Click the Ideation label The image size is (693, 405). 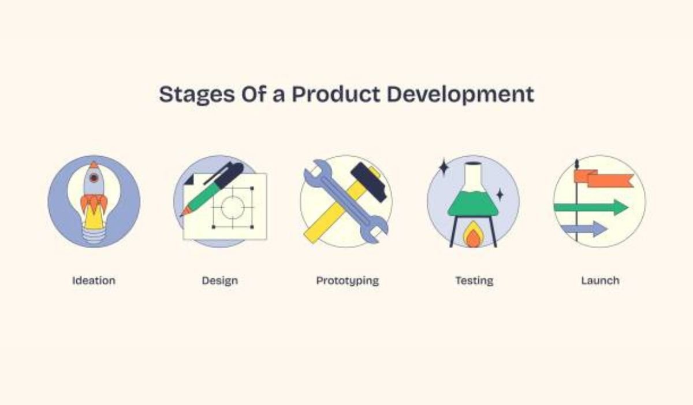[x=94, y=281]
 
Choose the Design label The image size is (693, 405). [x=219, y=281]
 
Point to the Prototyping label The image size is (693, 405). [x=347, y=281]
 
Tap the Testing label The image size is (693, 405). [x=474, y=281]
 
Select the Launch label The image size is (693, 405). [x=600, y=281]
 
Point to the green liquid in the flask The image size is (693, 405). [x=473, y=204]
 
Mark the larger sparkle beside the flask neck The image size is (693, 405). [x=444, y=168]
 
